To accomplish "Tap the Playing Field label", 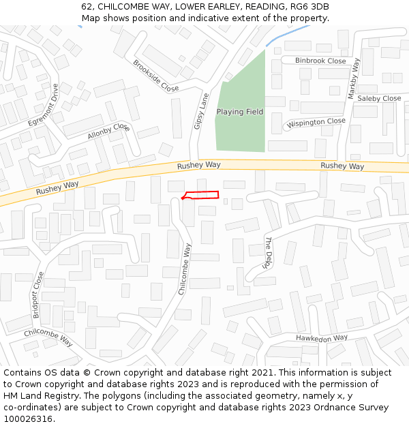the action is pos(239,111).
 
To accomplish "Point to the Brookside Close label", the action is pos(155,76).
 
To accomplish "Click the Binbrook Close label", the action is pos(320,61).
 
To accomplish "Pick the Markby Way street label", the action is pos(354,78).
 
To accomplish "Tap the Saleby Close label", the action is pos(379,98).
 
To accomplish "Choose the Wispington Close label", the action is pos(316,123).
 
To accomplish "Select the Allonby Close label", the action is pos(108,131).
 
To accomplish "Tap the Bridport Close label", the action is pos(38,294).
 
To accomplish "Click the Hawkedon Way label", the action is pos(322,338).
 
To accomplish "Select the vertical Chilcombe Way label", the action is pos(185,269).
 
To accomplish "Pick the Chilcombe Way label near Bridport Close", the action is pos(48,337).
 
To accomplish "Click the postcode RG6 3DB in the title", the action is pos(309,7).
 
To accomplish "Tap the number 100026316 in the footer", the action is pos(27,419).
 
